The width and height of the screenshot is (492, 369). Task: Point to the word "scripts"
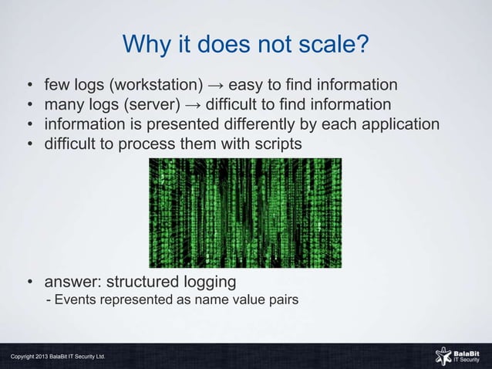(275, 144)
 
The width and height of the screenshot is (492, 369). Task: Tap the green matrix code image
(244, 212)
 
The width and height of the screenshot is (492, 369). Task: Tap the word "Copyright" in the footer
(24, 357)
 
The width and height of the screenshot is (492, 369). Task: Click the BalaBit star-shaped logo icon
(443, 355)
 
